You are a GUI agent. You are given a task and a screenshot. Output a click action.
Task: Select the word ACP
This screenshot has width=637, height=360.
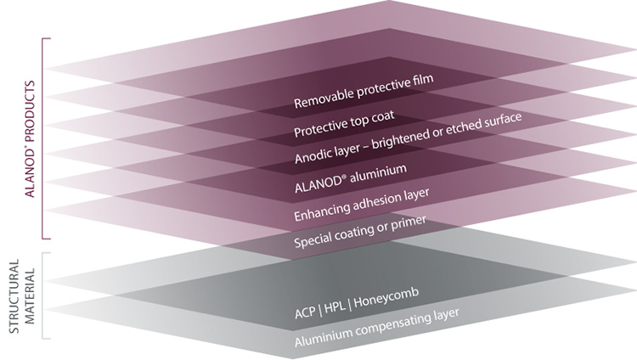pos(305,312)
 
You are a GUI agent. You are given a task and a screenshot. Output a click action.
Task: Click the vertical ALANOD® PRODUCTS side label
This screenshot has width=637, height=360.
pos(31,139)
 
